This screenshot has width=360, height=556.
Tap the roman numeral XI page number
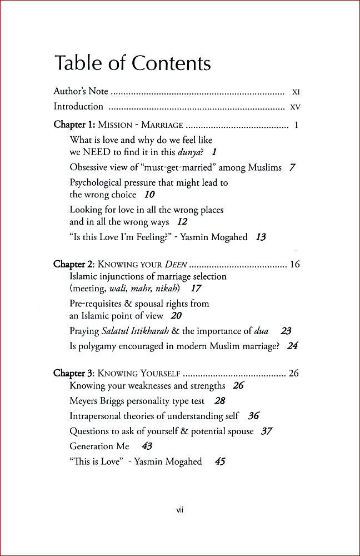point(296,91)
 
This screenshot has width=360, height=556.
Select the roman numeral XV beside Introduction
point(295,106)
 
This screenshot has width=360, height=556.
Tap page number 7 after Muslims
point(292,167)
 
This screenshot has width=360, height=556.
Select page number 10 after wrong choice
point(149,195)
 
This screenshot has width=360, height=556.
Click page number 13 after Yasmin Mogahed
point(261,237)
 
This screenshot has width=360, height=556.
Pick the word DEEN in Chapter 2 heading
point(174,265)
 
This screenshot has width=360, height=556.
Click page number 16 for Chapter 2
point(294,264)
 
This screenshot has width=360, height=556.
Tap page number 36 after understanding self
point(253,416)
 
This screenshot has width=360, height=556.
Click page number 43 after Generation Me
point(147,446)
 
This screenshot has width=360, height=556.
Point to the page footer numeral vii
point(180,508)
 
